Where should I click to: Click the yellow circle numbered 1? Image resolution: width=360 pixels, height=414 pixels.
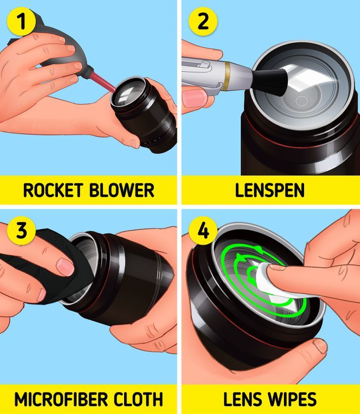(21, 21)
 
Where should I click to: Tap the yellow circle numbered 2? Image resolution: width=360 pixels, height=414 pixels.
(203, 21)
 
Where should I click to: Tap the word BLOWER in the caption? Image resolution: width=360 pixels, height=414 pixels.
(122, 190)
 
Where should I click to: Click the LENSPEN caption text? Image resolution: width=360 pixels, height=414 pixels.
(270, 190)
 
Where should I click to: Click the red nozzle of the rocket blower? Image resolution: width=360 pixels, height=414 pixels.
(102, 83)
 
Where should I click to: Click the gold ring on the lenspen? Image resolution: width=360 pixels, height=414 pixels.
(226, 76)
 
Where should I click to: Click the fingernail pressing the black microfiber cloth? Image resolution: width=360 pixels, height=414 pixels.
(65, 267)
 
